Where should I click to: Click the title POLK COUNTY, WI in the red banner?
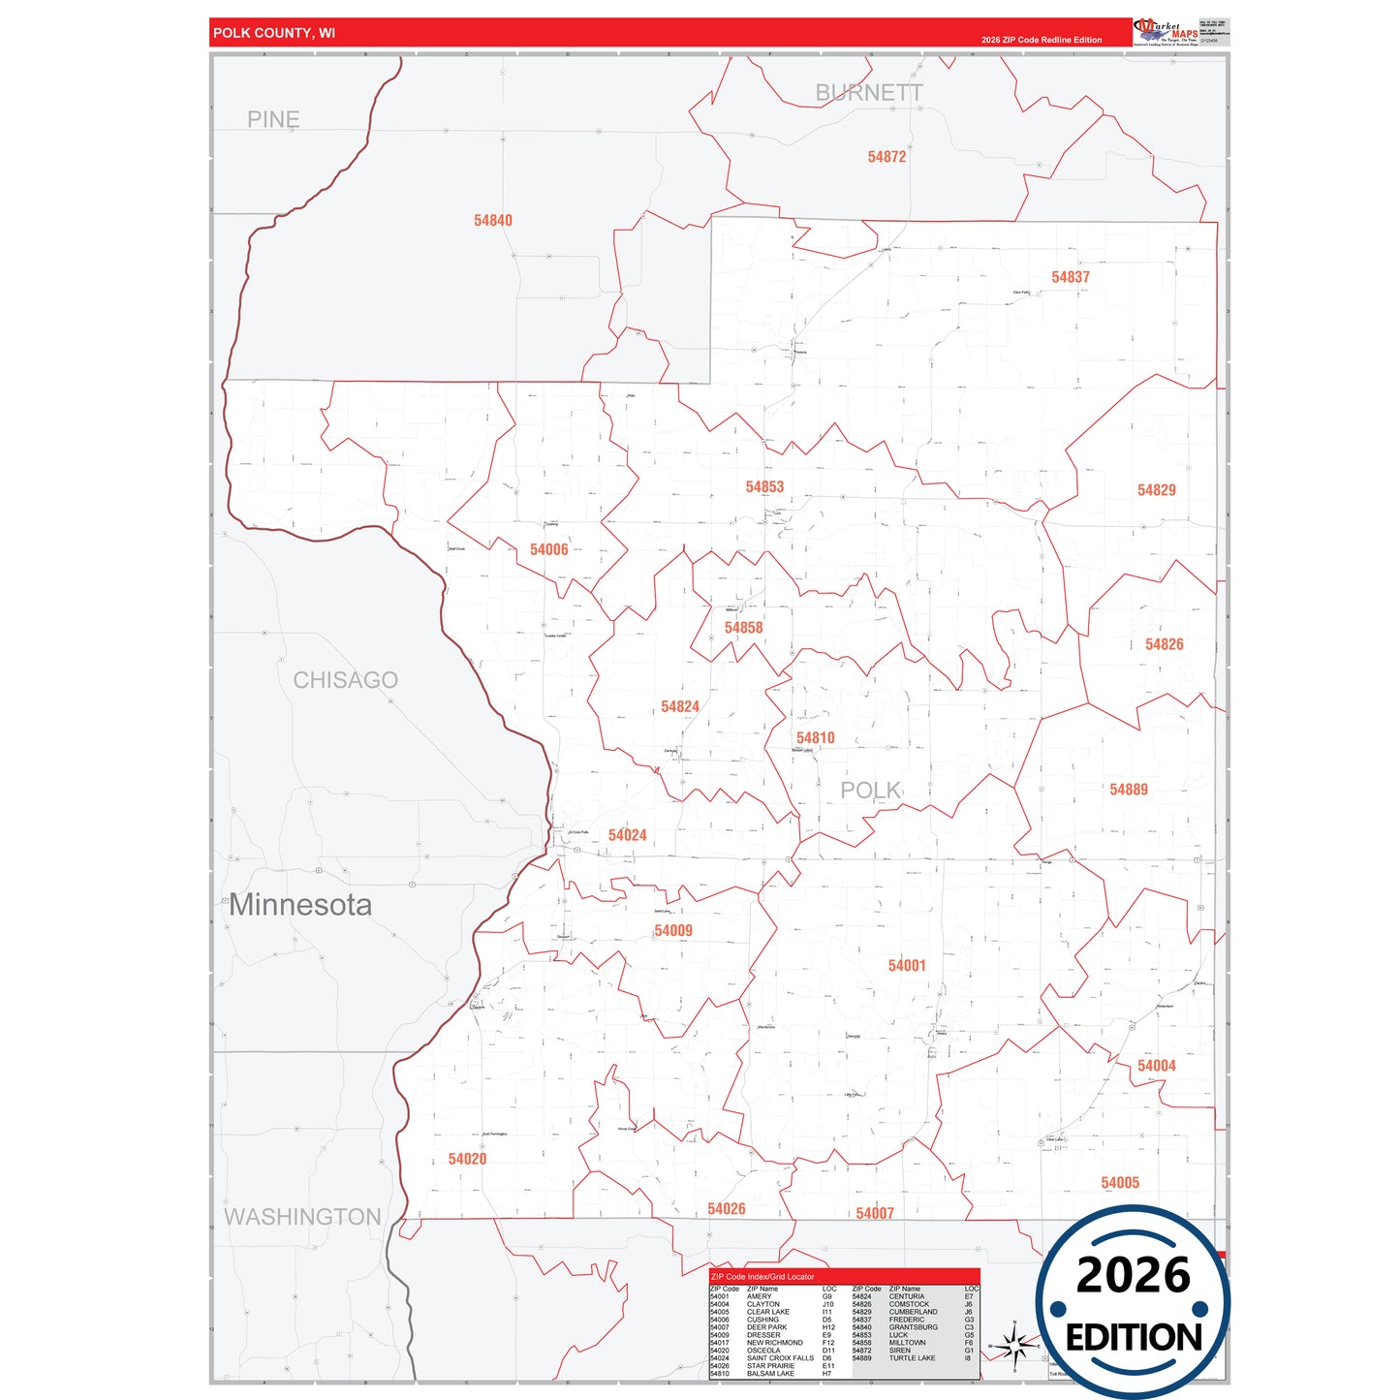coord(274,33)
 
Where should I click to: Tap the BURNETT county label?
coord(868,93)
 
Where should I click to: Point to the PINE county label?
coord(273,119)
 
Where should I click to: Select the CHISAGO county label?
coord(345,680)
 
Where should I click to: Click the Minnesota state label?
coord(300,905)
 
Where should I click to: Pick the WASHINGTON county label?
coord(302,1217)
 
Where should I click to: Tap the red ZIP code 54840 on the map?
coord(492,221)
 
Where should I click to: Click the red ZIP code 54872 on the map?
coord(887,157)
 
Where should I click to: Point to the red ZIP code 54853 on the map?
coord(764,487)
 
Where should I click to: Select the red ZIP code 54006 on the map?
coord(548,550)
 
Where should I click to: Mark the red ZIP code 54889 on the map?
coord(1129,790)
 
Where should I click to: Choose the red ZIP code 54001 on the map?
coord(907,966)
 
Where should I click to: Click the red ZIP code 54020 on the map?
coord(467,1160)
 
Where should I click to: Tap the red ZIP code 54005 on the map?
coord(1120,1183)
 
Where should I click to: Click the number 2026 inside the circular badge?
coord(1133,1275)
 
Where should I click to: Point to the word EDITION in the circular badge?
coord(1134,1338)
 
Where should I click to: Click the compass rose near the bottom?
coord(1013,1346)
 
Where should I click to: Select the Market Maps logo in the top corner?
coord(1166,32)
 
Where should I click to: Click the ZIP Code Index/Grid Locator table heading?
coord(762,1277)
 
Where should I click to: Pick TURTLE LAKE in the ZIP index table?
coord(912,1358)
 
